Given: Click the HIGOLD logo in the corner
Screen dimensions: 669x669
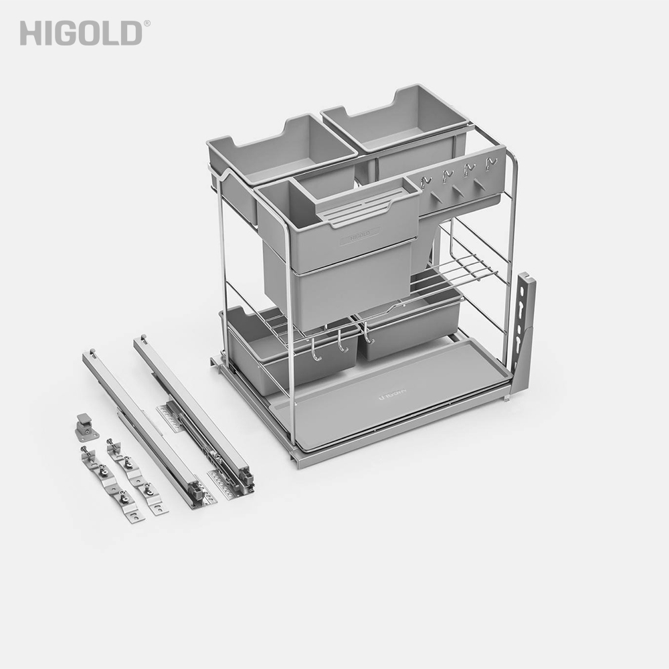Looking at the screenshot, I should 80,33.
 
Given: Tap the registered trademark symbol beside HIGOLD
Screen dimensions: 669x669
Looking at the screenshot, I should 147,23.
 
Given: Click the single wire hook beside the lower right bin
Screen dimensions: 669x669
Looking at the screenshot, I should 367,334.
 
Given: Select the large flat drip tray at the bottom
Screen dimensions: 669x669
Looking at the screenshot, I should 401,395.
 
